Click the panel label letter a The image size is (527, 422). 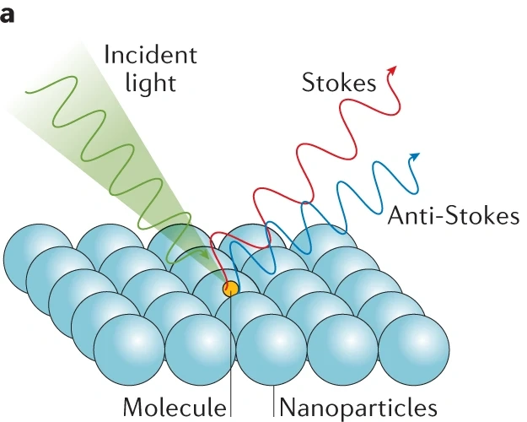[x=8, y=16]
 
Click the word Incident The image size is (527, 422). [x=150, y=56]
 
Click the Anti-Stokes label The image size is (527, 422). [x=453, y=216]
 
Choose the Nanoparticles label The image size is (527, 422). [x=358, y=407]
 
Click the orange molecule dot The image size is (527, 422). [x=230, y=289]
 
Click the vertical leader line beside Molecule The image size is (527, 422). [x=231, y=371]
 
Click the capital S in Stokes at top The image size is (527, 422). [x=309, y=83]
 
